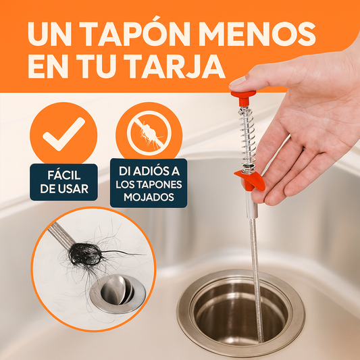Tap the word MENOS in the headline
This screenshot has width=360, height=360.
pos(257,34)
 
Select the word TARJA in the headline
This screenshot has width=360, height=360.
pos(174,67)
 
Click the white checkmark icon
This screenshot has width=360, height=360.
pos(63,134)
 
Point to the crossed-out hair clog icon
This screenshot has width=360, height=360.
pos(149,133)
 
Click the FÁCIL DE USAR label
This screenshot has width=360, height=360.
pos(63,182)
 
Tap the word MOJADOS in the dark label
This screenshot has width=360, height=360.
pos(149,197)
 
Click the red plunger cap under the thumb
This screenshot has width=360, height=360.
pos(244,97)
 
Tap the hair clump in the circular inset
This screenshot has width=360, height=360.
pos(85,254)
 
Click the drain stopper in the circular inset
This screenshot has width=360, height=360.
pos(118,294)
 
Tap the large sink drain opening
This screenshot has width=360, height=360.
pos(241,312)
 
